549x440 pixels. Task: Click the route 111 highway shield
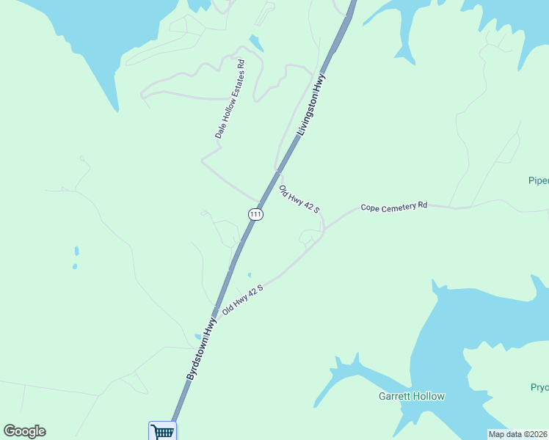[255, 214]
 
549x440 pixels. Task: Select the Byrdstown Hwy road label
[202, 348]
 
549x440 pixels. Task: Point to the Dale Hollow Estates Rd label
[230, 100]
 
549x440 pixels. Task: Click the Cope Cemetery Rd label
[393, 207]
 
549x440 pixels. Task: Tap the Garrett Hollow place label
[411, 396]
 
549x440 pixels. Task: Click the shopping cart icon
[162, 431]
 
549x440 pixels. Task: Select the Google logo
[24, 431]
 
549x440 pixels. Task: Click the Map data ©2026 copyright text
[517, 434]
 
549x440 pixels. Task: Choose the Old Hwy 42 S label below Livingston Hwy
[299, 199]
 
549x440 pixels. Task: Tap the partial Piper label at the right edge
[539, 180]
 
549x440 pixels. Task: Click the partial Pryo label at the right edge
[539, 387]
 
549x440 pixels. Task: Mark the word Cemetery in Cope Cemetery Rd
[399, 206]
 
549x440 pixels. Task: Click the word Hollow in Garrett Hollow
[429, 396]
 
